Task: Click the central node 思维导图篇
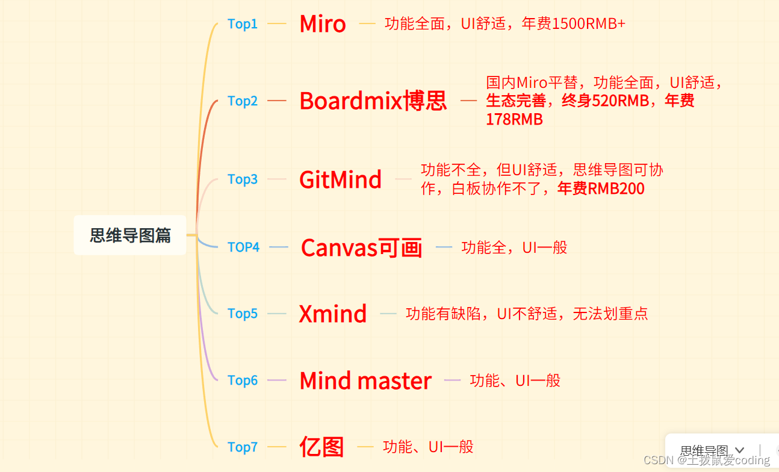[x=130, y=235]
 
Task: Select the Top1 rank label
[x=243, y=24]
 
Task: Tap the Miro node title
[x=323, y=24]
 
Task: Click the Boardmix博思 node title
[x=373, y=101]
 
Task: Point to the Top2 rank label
[x=243, y=101]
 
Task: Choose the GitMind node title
[x=340, y=179]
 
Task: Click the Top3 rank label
[x=243, y=179]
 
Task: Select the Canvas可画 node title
[x=361, y=247]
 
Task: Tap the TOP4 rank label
[x=243, y=247]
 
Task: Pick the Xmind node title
[x=333, y=314]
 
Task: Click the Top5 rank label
[x=243, y=314]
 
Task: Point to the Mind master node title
[x=365, y=380]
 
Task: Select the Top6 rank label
[x=243, y=380]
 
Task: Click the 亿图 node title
[x=321, y=447]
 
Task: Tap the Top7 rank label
[x=243, y=447]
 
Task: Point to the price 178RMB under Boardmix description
[x=514, y=120]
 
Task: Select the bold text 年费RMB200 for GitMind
[x=601, y=189]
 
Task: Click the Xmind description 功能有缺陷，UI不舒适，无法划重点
[x=527, y=314]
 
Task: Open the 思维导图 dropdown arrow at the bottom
[x=740, y=450]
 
